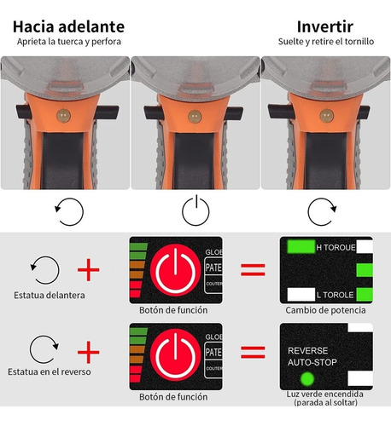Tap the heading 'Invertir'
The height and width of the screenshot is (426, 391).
tap(325, 26)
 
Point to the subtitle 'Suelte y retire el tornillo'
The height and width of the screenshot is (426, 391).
tap(325, 42)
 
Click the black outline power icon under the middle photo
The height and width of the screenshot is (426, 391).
tap(195, 208)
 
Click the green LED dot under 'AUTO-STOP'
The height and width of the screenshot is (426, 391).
tap(295, 376)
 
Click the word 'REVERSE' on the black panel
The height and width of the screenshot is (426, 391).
tap(307, 349)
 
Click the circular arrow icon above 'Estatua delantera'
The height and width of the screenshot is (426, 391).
tap(45, 270)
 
